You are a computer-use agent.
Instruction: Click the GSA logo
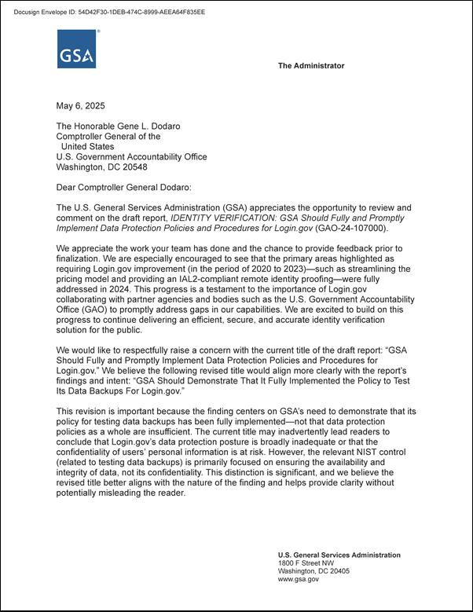tap(76, 49)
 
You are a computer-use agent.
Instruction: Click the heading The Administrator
tap(310, 66)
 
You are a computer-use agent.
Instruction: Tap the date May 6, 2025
tap(80, 106)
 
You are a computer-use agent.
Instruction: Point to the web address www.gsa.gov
tap(299, 579)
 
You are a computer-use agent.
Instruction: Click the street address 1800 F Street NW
tap(306, 563)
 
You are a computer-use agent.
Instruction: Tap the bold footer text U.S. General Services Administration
tap(339, 555)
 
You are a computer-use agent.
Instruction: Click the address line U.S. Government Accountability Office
tap(131, 156)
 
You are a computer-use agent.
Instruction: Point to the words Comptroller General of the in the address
tap(108, 136)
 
